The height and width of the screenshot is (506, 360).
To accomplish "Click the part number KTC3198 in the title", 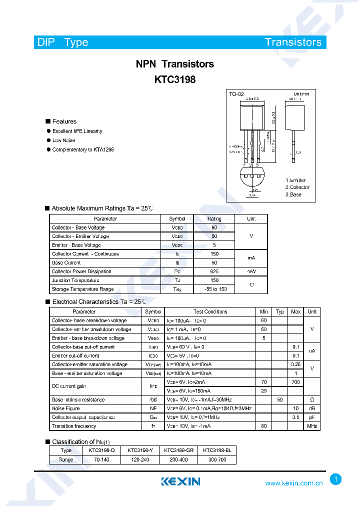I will click(174, 79).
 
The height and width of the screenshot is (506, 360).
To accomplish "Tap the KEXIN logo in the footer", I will click(180, 481).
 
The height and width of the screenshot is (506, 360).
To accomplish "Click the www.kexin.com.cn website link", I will click(293, 483).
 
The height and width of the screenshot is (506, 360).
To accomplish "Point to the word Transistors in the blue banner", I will click(293, 42).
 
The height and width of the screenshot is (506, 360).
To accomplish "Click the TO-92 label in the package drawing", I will click(236, 94).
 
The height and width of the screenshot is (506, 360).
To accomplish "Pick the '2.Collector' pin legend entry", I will click(297, 187).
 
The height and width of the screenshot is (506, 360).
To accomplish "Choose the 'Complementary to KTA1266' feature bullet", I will click(83, 149).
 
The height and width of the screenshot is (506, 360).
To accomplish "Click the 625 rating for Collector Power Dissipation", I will click(214, 271).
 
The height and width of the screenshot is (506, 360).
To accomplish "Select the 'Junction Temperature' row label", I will click(75, 280).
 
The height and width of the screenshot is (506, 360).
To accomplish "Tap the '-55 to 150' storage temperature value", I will click(215, 289).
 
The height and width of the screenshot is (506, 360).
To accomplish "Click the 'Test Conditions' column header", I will click(210, 311).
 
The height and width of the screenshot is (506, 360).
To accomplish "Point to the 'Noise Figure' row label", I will click(65, 408).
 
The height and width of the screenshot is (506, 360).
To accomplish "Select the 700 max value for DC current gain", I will click(295, 382).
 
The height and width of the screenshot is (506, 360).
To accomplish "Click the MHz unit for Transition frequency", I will click(312, 426).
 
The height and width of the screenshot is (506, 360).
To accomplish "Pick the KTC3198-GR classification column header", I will click(178, 450).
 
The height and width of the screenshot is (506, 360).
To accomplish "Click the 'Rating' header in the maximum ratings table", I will click(214, 218).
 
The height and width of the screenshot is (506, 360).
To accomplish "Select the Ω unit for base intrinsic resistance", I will click(312, 400).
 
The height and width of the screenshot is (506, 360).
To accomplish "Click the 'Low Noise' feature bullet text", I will click(63, 140).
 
